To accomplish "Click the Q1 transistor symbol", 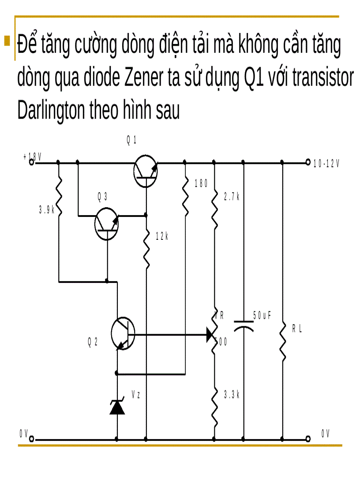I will (x=145, y=171).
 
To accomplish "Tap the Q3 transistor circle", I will (x=107, y=224).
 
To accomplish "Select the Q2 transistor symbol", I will (x=123, y=334).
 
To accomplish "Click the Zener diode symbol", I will (x=117, y=407).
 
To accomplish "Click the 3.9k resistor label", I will (x=46, y=210).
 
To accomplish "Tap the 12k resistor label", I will (x=162, y=236).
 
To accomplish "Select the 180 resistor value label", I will (x=201, y=184).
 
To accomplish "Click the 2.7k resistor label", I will (x=231, y=197).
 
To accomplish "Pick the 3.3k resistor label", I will (x=231, y=395).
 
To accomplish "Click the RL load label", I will (x=297, y=329).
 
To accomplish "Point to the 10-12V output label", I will (x=326, y=164).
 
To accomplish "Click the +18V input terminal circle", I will (x=32, y=162).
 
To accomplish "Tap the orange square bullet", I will (x=7, y=41).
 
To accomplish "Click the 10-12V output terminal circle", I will (x=308, y=163).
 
